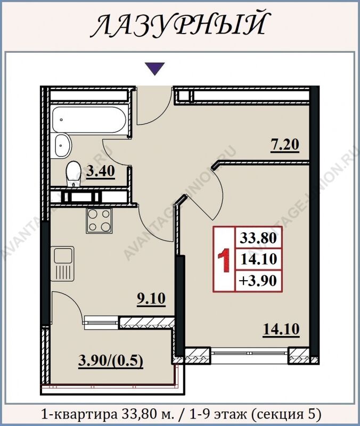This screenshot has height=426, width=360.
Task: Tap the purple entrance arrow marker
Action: tap(154, 69)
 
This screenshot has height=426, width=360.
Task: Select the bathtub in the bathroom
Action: tap(89, 119)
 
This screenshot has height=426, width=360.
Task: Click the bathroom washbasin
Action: tap(63, 145)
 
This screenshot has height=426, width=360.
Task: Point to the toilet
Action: tap(73, 174)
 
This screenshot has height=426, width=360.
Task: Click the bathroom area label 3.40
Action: tap(100, 171)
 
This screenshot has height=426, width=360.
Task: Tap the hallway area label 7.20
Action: tap(285, 145)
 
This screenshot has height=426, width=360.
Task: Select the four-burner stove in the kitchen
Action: tap(99, 220)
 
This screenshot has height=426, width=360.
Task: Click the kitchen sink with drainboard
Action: tap(62, 263)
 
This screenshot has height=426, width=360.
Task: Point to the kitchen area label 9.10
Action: tap(151, 299)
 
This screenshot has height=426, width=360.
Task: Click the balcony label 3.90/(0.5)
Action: tap(111, 362)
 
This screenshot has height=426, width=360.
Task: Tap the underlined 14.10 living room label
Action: tap(281, 330)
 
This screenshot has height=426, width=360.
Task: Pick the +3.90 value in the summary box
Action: tap(258, 281)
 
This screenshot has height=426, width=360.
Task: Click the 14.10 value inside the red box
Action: tap(258, 259)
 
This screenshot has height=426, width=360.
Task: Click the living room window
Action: tap(249, 353)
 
